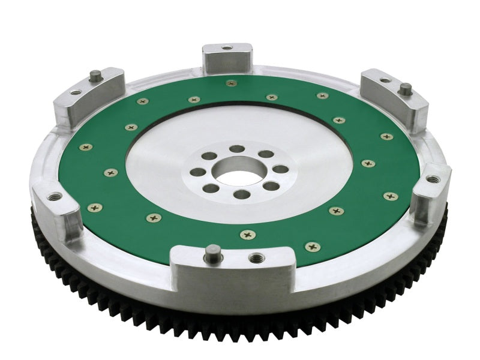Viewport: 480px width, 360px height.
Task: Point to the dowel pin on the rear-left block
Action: pyautogui.click(x=95, y=76)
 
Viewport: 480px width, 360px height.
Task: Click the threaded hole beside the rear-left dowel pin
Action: pyautogui.click(x=76, y=92)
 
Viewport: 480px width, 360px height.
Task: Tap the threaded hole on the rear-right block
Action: pyautogui.click(x=384, y=80)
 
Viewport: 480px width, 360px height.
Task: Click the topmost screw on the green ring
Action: pyautogui.click(x=229, y=82)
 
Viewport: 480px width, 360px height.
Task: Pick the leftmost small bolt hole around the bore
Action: pyautogui.click(x=197, y=172)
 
